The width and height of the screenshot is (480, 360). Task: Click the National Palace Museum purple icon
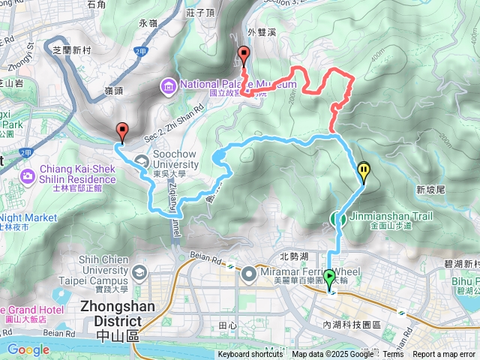click(x=169, y=85)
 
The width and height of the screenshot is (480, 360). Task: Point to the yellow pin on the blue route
click(x=364, y=172)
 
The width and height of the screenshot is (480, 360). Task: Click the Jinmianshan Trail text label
click(x=390, y=216)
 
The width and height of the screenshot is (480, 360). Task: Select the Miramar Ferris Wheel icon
click(x=249, y=276)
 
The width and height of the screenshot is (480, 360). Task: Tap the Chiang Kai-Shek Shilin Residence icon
click(x=28, y=175)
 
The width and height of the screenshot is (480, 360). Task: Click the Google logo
click(x=28, y=349)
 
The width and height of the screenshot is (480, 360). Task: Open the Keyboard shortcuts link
click(x=250, y=354)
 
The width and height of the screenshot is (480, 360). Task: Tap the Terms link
click(x=393, y=354)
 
